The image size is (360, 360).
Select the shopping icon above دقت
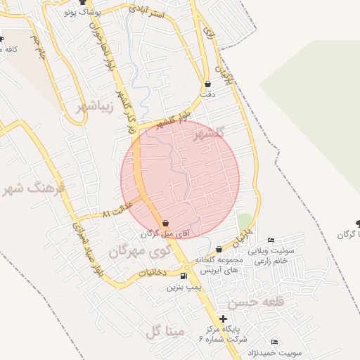click(x=207, y=84)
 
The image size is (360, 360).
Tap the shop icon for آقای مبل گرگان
click(x=165, y=224)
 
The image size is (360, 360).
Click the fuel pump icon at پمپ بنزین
click(x=184, y=276)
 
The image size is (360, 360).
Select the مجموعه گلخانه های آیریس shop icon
click(x=219, y=250)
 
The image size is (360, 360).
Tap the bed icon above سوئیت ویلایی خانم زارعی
click(x=271, y=241)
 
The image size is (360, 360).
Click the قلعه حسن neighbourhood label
click(x=247, y=303)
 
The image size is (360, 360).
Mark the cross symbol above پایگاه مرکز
click(x=223, y=319)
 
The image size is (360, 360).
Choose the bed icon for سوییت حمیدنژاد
click(x=274, y=342)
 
